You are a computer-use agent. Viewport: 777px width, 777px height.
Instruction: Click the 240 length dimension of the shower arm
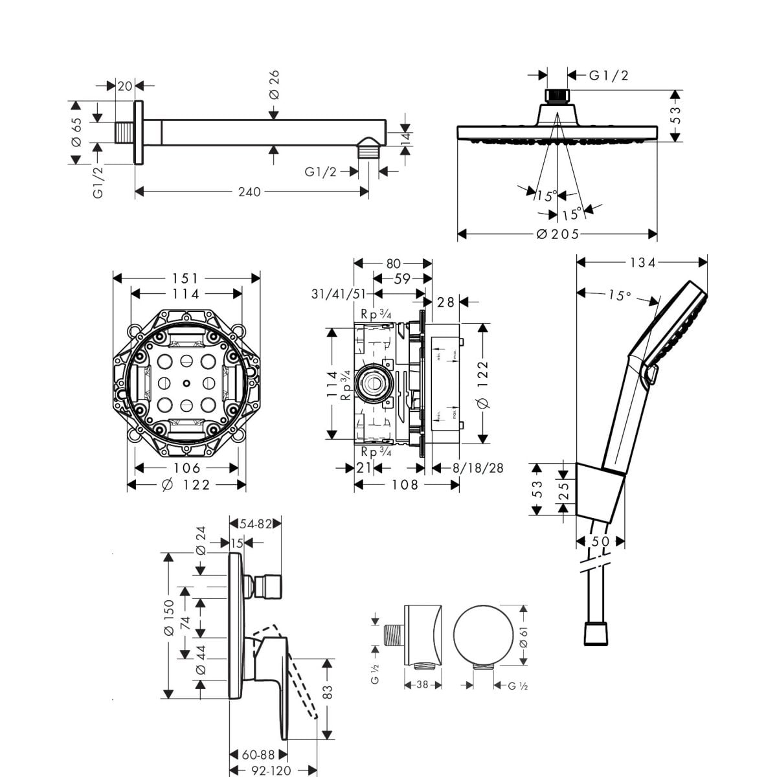click(x=249, y=192)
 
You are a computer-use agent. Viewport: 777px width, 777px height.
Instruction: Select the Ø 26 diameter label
click(x=274, y=85)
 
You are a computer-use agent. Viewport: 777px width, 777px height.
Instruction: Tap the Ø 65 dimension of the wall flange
click(x=76, y=132)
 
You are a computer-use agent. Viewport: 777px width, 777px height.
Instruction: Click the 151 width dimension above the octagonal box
click(x=186, y=278)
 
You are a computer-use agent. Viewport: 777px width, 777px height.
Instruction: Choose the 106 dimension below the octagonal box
click(x=186, y=468)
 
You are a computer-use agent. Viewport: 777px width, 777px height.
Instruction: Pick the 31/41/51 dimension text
click(x=338, y=294)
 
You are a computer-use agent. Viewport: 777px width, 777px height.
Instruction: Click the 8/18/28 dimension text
click(x=478, y=468)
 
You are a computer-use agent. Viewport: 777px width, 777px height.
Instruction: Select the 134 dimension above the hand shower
click(x=642, y=262)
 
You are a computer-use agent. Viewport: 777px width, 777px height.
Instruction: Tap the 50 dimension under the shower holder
click(x=600, y=541)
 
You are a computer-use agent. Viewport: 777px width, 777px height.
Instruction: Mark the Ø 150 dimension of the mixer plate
click(x=168, y=618)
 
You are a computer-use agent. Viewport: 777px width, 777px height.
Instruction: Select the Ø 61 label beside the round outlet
click(x=523, y=636)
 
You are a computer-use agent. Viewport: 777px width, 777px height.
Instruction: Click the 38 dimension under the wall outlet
click(x=423, y=684)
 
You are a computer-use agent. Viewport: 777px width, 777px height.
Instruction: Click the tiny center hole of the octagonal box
click(x=186, y=382)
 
